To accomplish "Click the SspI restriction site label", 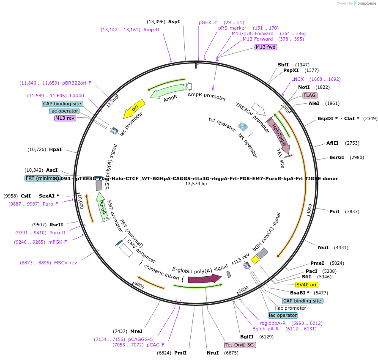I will pos(174,22).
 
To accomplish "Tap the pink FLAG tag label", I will pos(310,95).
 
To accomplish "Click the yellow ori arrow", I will pos(134,109).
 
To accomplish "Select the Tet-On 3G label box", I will pos(240,345).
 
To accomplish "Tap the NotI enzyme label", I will pos(304,87).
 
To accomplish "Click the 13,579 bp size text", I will pos(196,184).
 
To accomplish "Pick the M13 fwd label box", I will pos(266,47).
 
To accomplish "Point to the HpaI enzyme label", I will pos(55,149).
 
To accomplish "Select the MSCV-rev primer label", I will pos(66,263).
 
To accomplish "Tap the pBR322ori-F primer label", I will pos(77,83).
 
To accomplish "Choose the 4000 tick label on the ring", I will pos(309,209).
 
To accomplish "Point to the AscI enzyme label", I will pos(52,170).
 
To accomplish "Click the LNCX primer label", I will pos(297,79).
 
